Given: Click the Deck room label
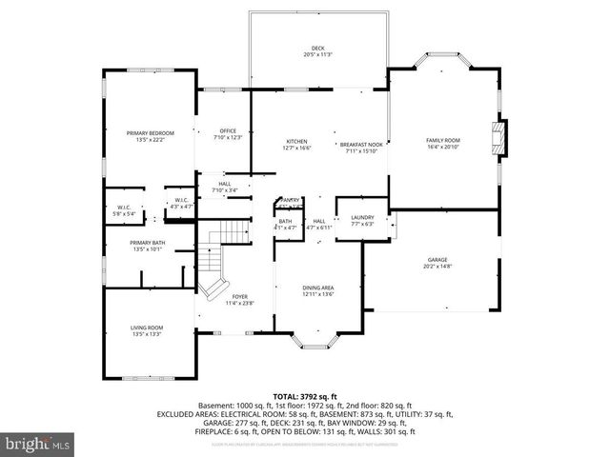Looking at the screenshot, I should pos(317,49).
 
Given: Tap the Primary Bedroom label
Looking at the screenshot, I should pos(151,133).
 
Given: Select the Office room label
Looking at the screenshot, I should pos(228,131).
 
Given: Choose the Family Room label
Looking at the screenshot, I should pos(442,141).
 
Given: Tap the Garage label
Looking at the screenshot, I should pos(437,259).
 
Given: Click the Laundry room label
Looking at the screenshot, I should pos(362,218).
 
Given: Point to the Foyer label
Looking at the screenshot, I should pos(239,297).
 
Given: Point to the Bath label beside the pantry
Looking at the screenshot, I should pos(285,222).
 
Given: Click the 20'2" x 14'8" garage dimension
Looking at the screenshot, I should pos(437,267).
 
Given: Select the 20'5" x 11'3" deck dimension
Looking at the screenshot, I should pos(317,55).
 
